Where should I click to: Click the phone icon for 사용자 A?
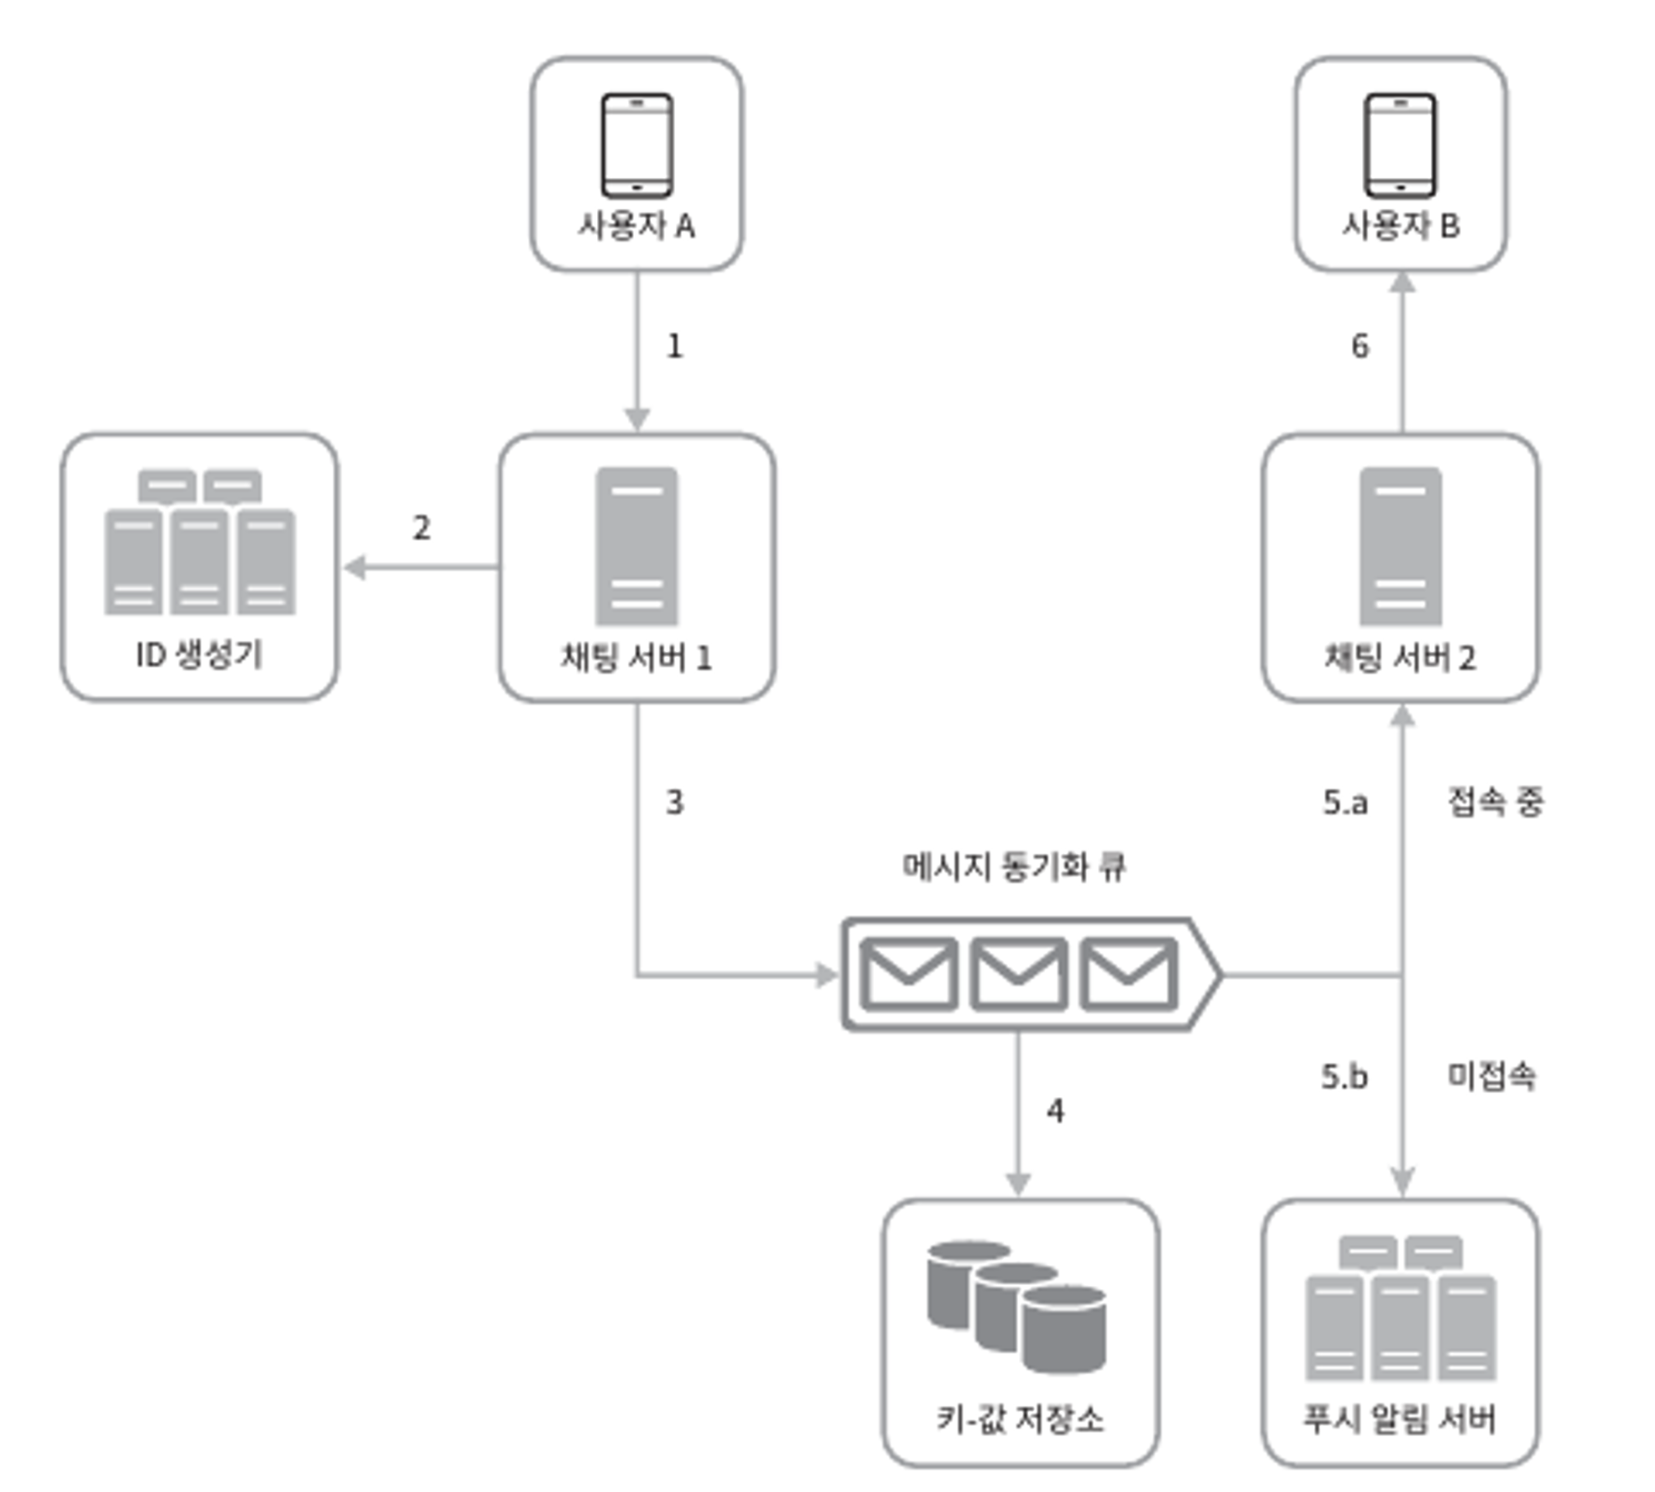tap(637, 145)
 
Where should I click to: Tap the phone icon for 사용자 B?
tap(1400, 145)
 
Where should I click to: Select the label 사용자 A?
tap(637, 225)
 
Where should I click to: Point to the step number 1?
tap(674, 346)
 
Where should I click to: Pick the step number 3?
tap(674, 802)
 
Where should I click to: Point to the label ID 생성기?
tap(199, 654)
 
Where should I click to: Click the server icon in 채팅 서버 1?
tap(637, 546)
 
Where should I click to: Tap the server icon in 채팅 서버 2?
tap(1400, 546)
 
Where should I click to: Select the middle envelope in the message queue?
tap(1018, 974)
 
